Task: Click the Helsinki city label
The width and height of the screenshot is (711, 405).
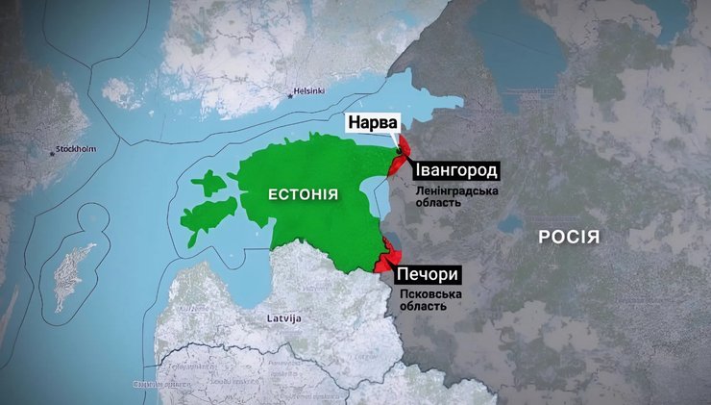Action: (x=310, y=91)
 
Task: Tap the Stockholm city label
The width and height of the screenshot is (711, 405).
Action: (x=76, y=150)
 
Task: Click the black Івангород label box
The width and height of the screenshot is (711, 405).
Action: (x=455, y=171)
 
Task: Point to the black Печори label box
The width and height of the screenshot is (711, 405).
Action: (x=424, y=273)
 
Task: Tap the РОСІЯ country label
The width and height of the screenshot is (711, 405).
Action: (x=569, y=238)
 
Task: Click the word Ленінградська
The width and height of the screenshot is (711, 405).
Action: (x=455, y=191)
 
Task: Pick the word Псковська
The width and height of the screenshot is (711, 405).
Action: (x=424, y=292)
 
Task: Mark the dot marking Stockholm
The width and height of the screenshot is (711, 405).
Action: (x=51, y=152)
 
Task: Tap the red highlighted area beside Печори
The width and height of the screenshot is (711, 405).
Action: (x=389, y=258)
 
